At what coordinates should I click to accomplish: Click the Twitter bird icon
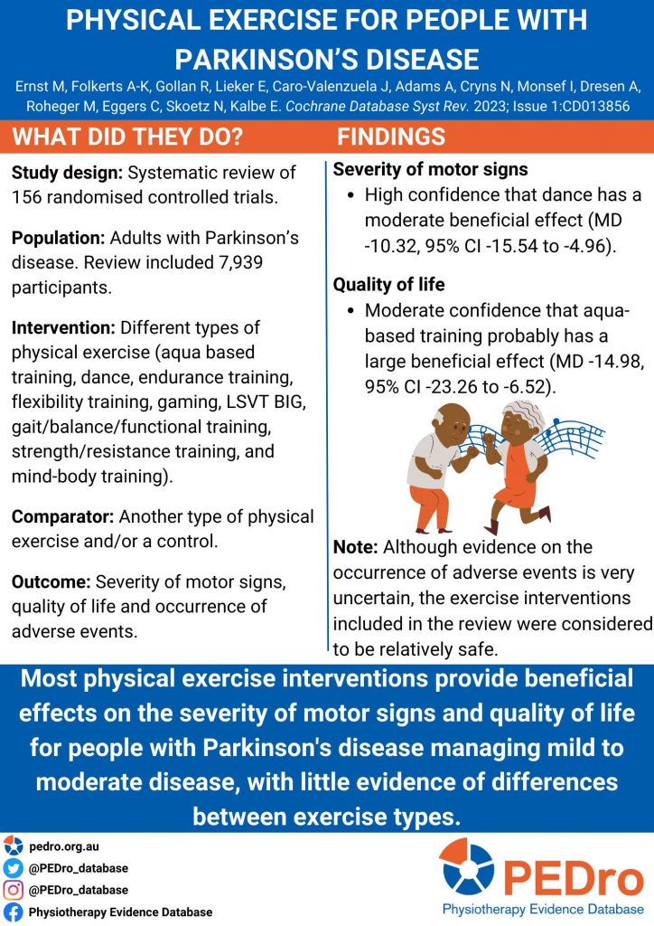[13, 868]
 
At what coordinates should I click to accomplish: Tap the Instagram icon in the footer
[13, 890]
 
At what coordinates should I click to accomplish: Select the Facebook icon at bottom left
[13, 912]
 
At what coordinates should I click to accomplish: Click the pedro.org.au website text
[63, 847]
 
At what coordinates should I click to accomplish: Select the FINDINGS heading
[391, 137]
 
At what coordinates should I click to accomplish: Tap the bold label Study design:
[67, 173]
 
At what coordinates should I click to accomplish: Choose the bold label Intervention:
[63, 326]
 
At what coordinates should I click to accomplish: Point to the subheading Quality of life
[388, 285]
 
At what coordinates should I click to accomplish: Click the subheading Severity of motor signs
[430, 169]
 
